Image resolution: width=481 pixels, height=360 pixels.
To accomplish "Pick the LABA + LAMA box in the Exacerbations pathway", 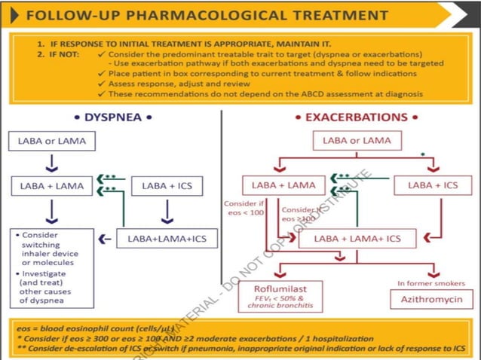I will (278, 185).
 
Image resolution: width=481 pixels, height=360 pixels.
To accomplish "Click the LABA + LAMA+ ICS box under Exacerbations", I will (358, 239).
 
